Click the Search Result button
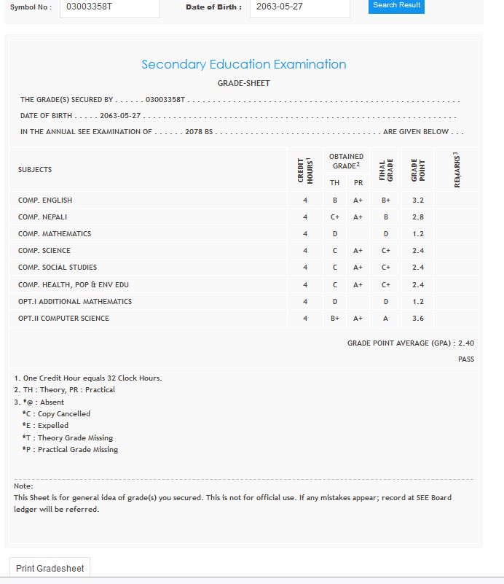pyautogui.click(x=396, y=6)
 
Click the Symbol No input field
pyautogui.click(x=109, y=7)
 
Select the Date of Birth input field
pyautogui.click(x=299, y=7)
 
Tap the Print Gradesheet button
pyautogui.click(x=50, y=569)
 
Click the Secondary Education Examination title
pyautogui.click(x=243, y=64)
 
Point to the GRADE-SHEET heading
pyautogui.click(x=243, y=83)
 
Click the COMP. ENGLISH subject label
pyautogui.click(x=45, y=200)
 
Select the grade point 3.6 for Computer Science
pyautogui.click(x=418, y=319)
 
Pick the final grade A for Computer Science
pyautogui.click(x=386, y=319)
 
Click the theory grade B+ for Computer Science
pyautogui.click(x=335, y=319)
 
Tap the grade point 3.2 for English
pyautogui.click(x=418, y=200)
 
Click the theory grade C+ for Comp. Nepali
pyautogui.click(x=335, y=217)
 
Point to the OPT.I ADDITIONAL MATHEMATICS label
pyautogui.click(x=75, y=302)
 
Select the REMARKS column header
pyautogui.click(x=457, y=170)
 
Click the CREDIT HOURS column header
pyautogui.click(x=305, y=170)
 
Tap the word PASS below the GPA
pyautogui.click(x=466, y=359)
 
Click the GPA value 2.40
pyautogui.click(x=466, y=343)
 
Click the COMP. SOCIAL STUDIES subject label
pyautogui.click(x=58, y=268)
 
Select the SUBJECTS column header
pyautogui.click(x=35, y=170)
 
